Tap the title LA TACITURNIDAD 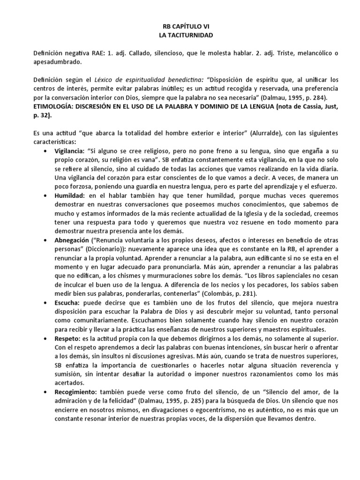pyautogui.click(x=180, y=36)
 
